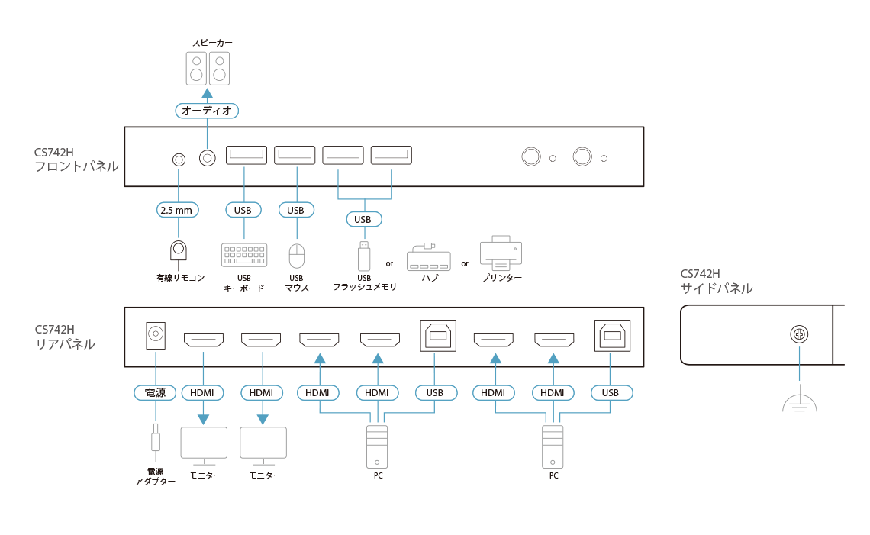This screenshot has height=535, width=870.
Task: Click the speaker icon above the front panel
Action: click(x=208, y=68)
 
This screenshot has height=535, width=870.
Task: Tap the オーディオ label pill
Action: click(x=207, y=111)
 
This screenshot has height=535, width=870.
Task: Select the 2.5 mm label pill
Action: click(x=178, y=209)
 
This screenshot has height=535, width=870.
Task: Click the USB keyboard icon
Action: click(x=244, y=254)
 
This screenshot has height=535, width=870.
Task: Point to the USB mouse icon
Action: click(x=297, y=254)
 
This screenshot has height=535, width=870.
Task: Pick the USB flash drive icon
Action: click(x=364, y=255)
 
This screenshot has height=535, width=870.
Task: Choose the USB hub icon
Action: click(x=428, y=257)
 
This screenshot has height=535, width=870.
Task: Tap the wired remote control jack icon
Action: click(x=179, y=251)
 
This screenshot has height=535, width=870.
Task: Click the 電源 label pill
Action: click(x=155, y=392)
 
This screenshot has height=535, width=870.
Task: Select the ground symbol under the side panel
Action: click(x=799, y=404)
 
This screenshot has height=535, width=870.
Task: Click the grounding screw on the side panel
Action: click(x=799, y=334)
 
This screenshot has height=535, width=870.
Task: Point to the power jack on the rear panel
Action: click(x=156, y=335)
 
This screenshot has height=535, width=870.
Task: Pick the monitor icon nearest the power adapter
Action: click(x=203, y=445)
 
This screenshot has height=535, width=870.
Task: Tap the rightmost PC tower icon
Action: click(x=553, y=446)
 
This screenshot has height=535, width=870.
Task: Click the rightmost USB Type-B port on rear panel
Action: click(x=612, y=334)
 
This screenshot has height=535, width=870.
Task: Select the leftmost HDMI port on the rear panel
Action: click(x=203, y=338)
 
